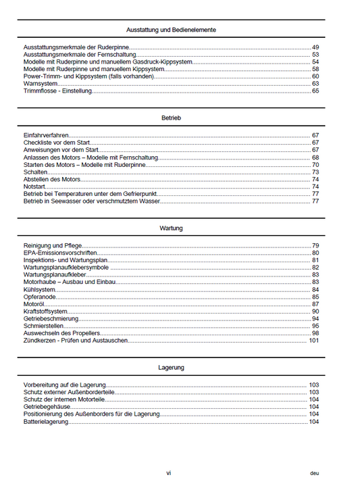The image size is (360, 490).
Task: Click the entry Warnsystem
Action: (x=40, y=83)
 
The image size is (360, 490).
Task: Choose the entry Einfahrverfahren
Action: (x=46, y=135)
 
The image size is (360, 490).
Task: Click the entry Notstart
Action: (x=35, y=187)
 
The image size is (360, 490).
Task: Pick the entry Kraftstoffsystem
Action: (x=45, y=312)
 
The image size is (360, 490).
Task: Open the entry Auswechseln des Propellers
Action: (x=61, y=333)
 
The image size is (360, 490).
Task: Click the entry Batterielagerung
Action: (x=47, y=421)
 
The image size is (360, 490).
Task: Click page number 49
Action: (x=315, y=47)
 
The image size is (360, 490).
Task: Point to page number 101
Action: (x=313, y=341)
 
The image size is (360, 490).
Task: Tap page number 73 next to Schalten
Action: (x=315, y=172)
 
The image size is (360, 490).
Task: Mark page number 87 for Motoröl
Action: (x=315, y=304)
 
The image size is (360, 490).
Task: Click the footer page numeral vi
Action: (x=169, y=473)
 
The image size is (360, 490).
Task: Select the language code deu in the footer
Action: (x=315, y=474)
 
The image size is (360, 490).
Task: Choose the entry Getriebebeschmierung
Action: (x=51, y=318)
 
